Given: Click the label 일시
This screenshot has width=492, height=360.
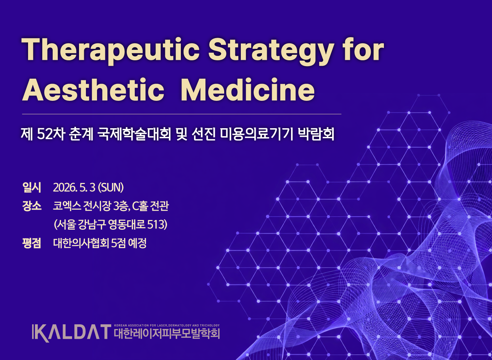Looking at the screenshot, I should (32, 187).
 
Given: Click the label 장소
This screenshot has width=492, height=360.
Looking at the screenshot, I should (32, 206).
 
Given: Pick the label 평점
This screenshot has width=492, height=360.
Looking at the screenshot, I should (32, 243).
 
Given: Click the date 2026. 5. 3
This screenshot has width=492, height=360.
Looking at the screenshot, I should (74, 187).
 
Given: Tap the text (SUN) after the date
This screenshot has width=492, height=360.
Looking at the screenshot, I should (111, 187).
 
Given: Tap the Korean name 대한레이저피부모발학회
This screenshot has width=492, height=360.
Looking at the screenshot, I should (167, 334).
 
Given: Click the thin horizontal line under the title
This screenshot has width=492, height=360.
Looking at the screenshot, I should (182, 114).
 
